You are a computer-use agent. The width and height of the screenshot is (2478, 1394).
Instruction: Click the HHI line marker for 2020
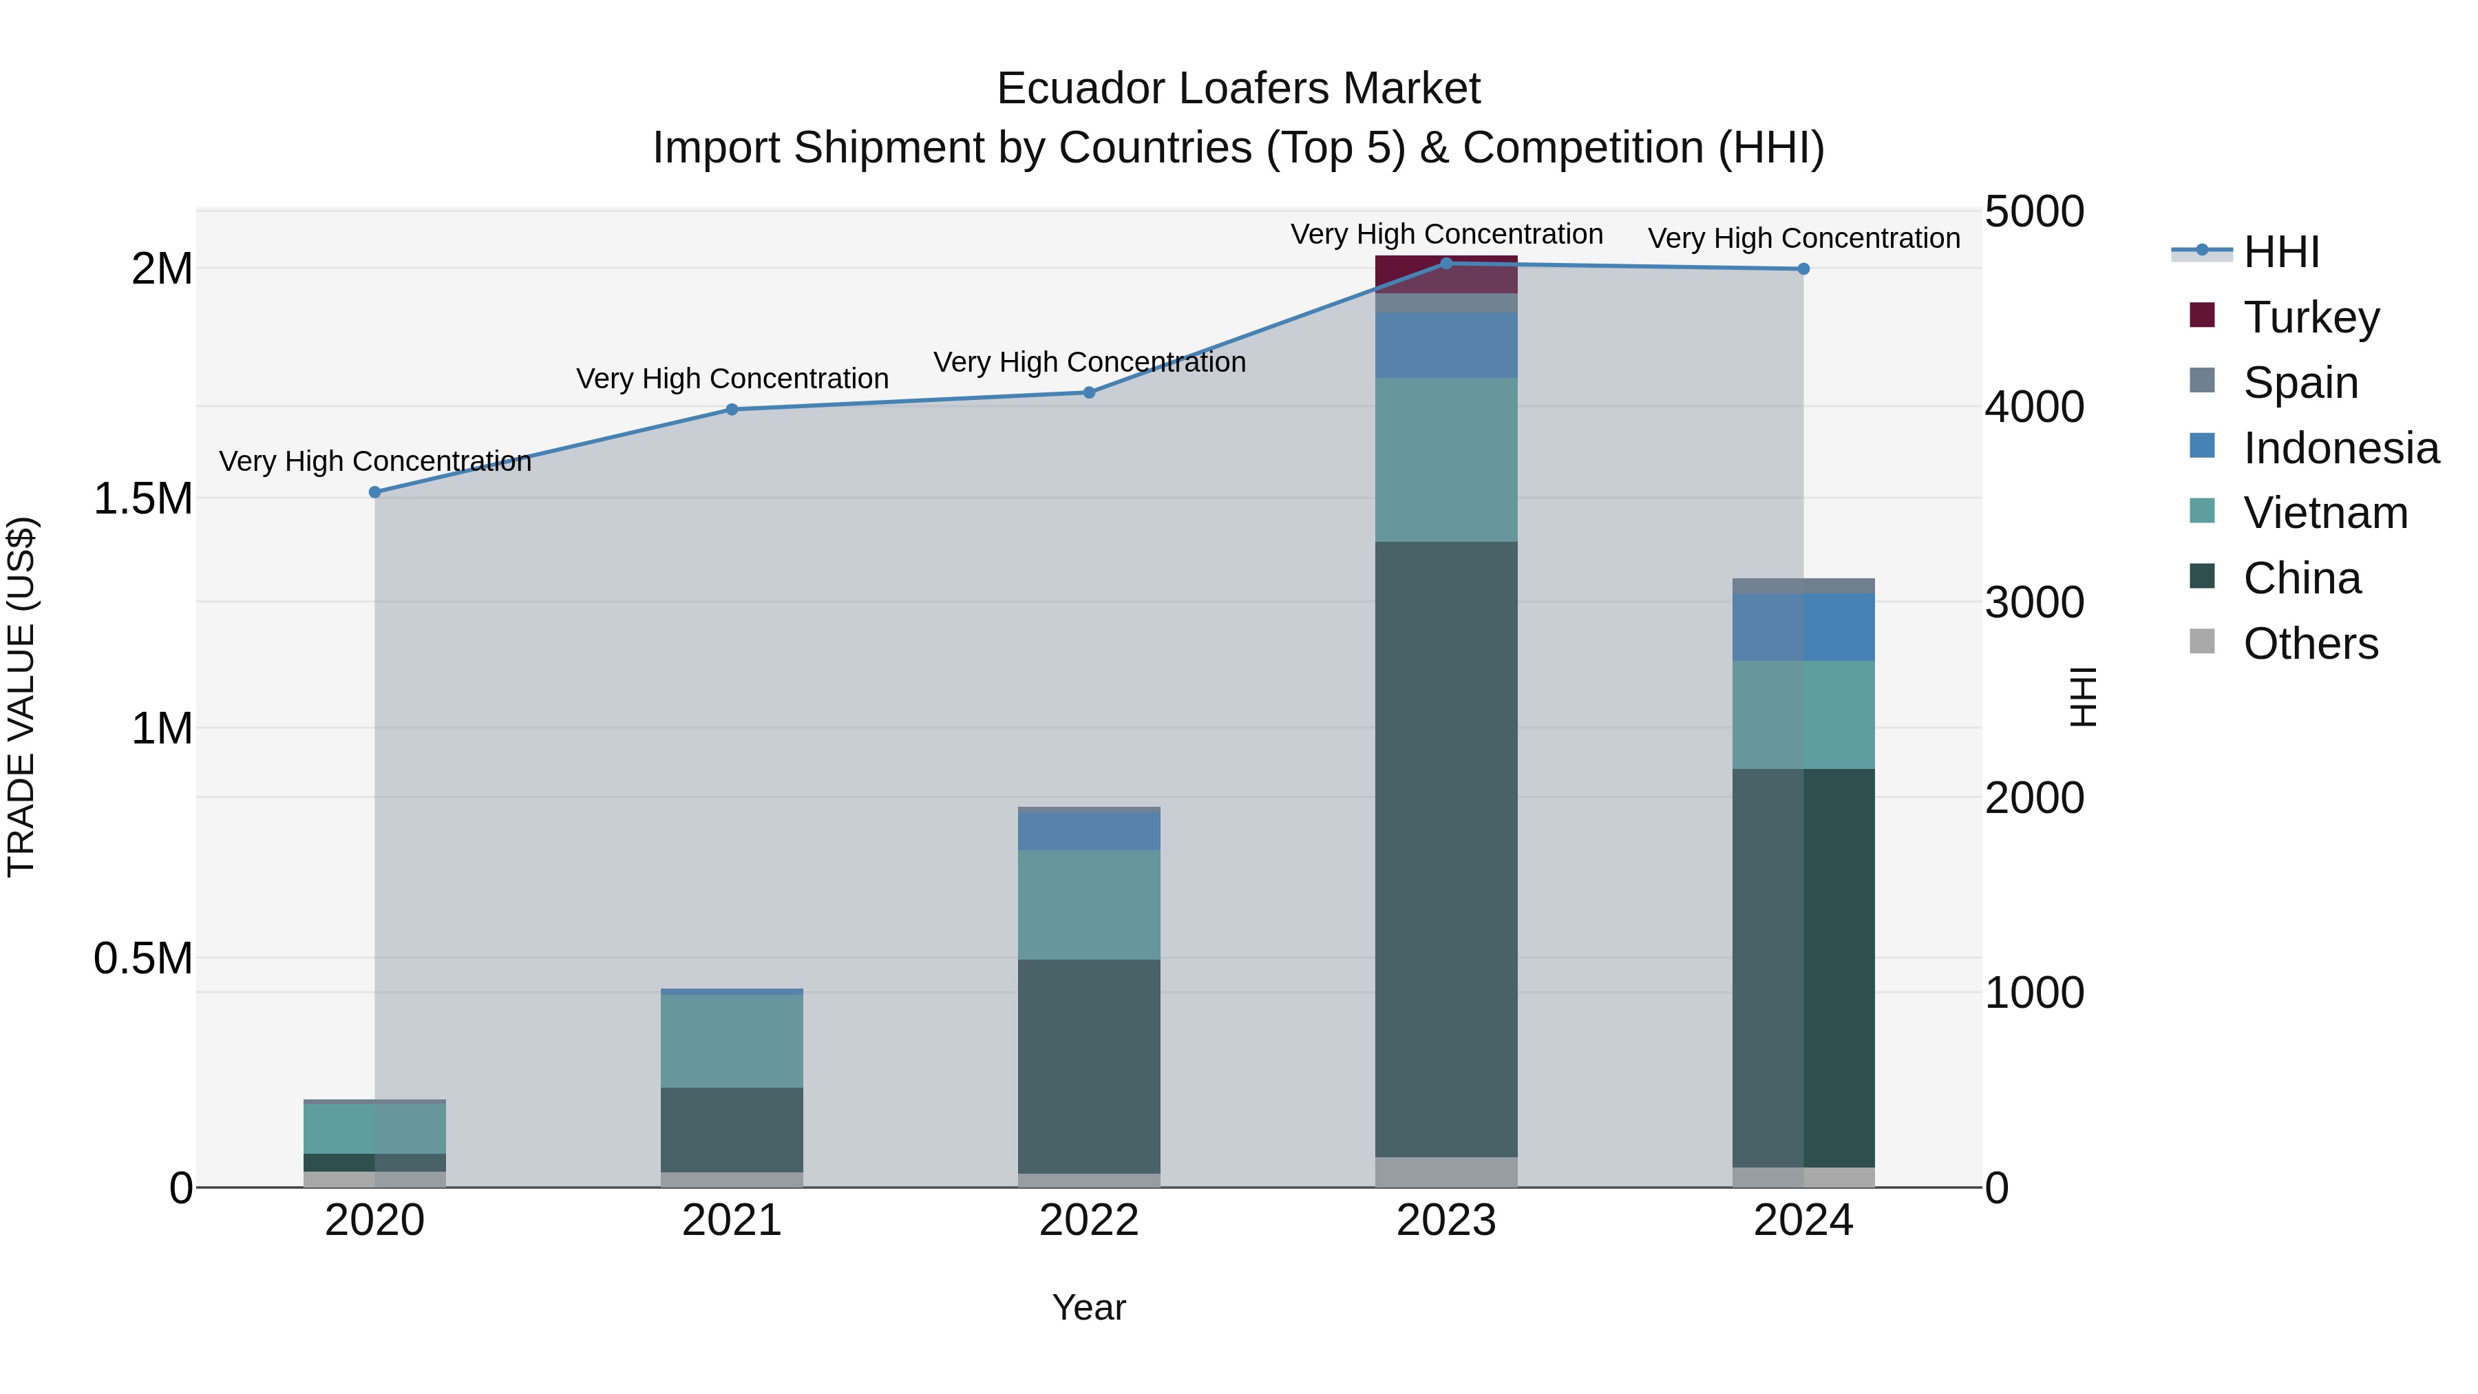pyautogui.click(x=375, y=493)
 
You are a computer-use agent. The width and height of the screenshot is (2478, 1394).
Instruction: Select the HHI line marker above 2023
pyautogui.click(x=1445, y=264)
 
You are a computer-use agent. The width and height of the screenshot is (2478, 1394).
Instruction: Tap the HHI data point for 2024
pyautogui.click(x=1803, y=269)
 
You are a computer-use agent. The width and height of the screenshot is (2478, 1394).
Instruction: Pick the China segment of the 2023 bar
pyautogui.click(x=1445, y=847)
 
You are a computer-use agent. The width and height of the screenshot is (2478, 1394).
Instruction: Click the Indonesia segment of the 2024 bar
pyautogui.click(x=1803, y=627)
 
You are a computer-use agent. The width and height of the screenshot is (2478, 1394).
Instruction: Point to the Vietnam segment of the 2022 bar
pyautogui.click(x=1089, y=905)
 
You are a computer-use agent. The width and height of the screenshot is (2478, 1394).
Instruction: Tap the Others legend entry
pyautogui.click(x=2309, y=644)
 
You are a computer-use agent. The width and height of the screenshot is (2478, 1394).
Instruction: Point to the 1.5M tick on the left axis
pyautogui.click(x=142, y=499)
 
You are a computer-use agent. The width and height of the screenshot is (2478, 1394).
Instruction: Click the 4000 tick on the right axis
pyautogui.click(x=2033, y=407)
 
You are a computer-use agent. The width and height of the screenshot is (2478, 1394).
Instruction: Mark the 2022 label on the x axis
pyautogui.click(x=1089, y=1221)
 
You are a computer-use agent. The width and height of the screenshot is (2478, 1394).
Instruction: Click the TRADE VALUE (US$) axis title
pyautogui.click(x=21, y=697)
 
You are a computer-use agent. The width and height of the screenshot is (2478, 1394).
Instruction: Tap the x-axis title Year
pyautogui.click(x=1089, y=1307)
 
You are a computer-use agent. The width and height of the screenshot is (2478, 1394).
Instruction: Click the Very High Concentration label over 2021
pyautogui.click(x=732, y=379)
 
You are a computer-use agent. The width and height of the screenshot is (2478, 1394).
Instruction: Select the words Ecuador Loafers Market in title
pyautogui.click(x=1238, y=89)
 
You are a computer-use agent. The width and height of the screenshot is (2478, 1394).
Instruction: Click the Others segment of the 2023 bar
pyautogui.click(x=1445, y=1172)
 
